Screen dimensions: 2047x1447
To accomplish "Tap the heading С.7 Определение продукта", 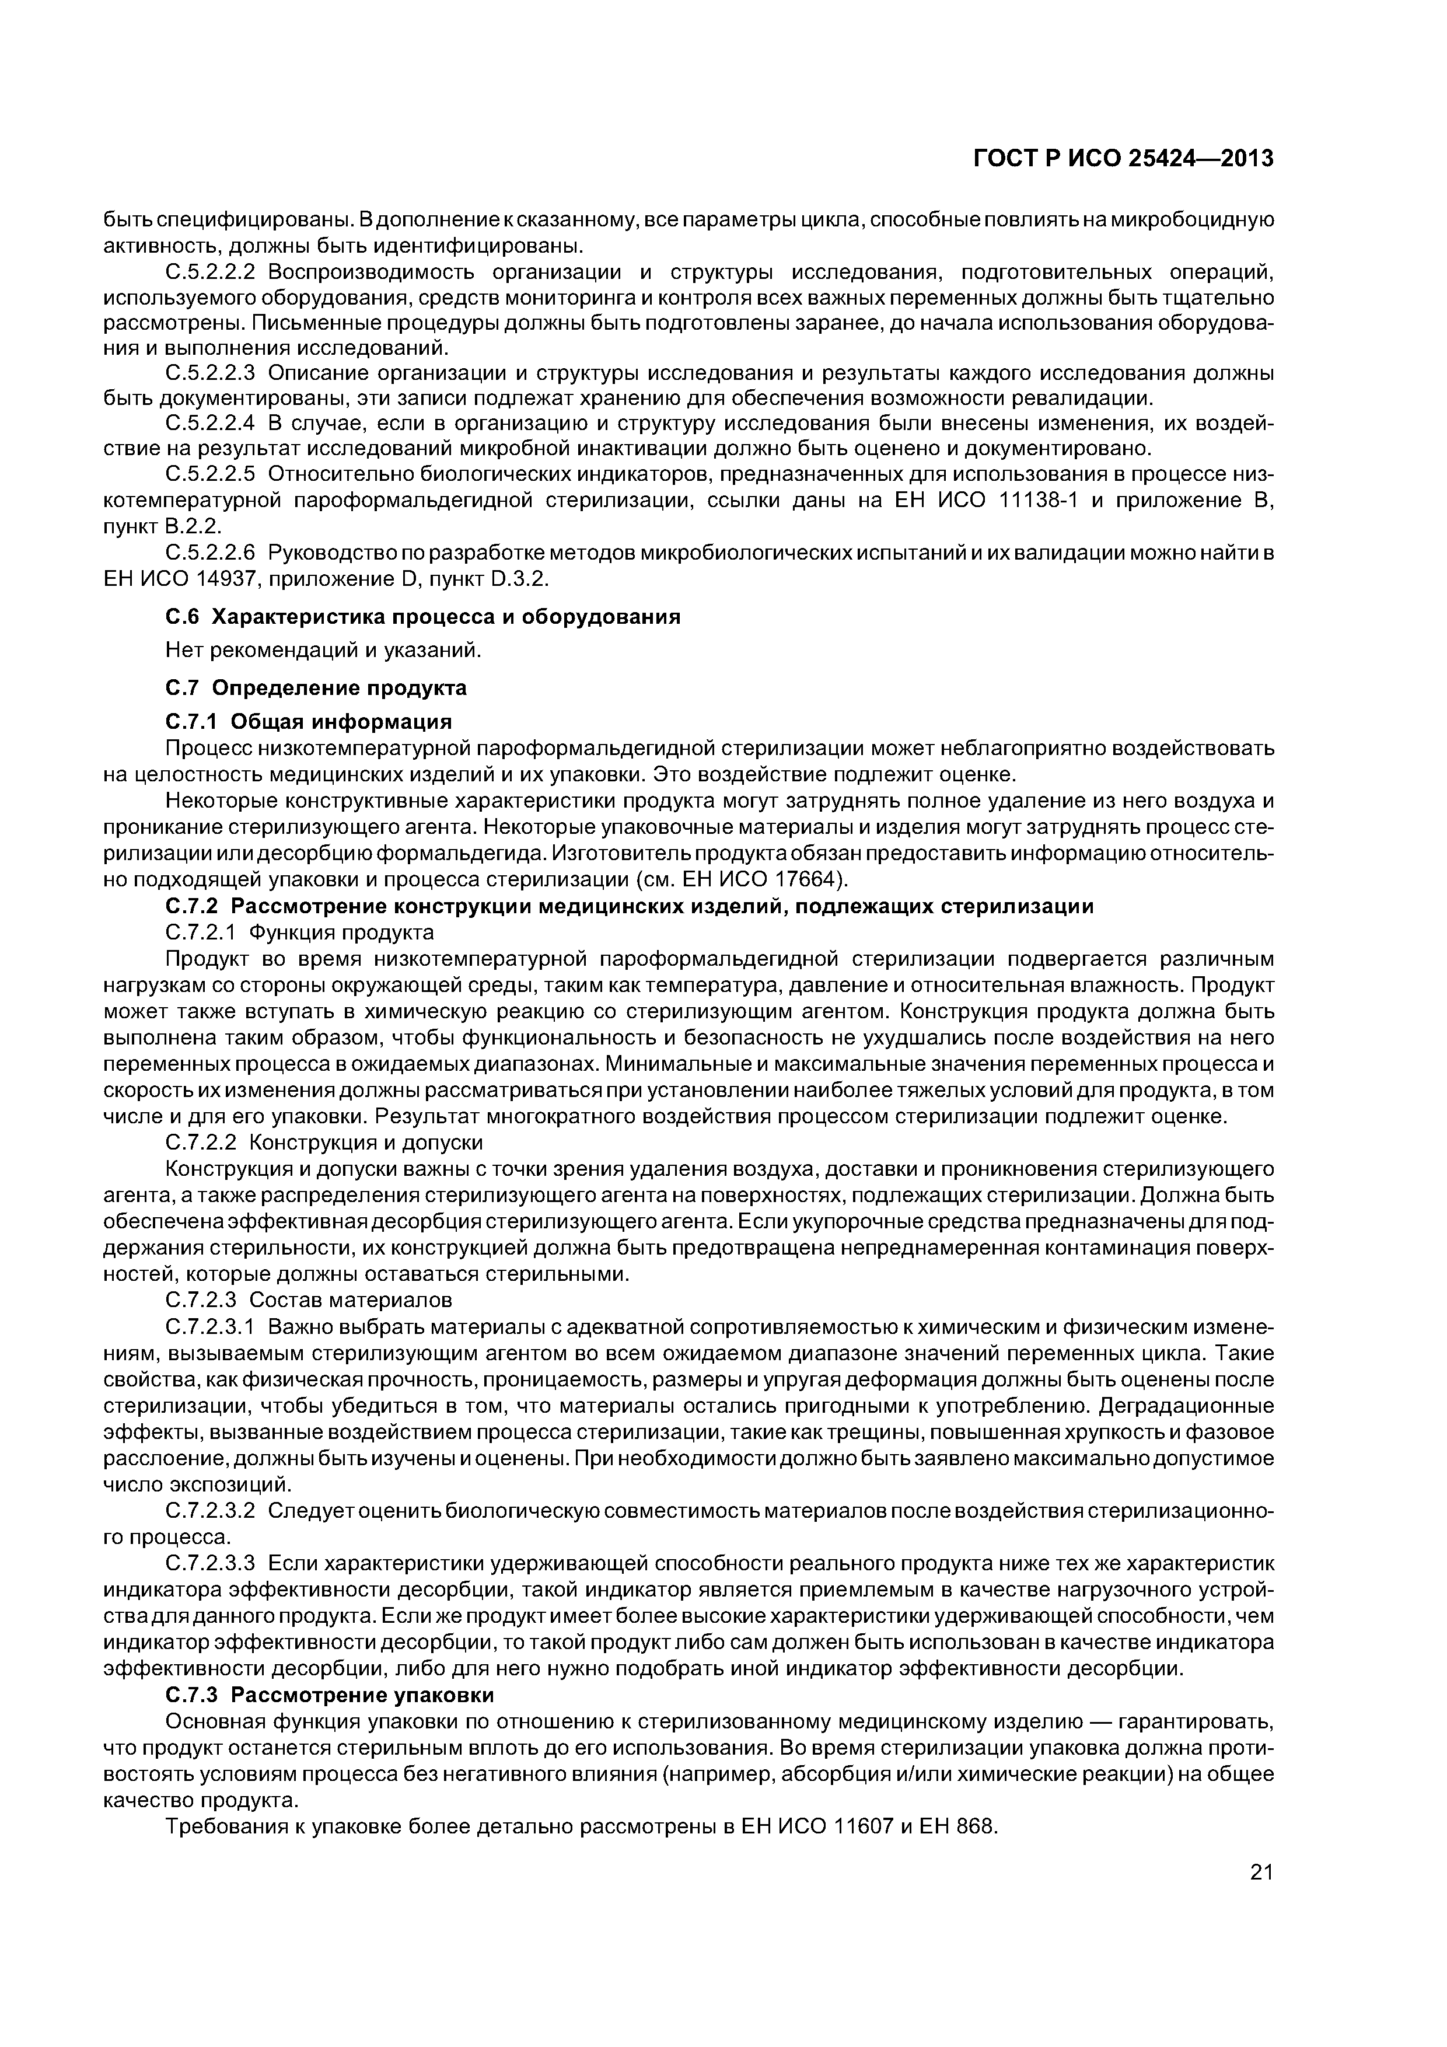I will click(316, 687).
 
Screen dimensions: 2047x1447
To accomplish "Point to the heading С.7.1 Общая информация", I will click(309, 721).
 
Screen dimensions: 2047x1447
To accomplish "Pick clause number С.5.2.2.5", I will click(211, 473).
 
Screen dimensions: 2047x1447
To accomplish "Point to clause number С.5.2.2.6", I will click(211, 554).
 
